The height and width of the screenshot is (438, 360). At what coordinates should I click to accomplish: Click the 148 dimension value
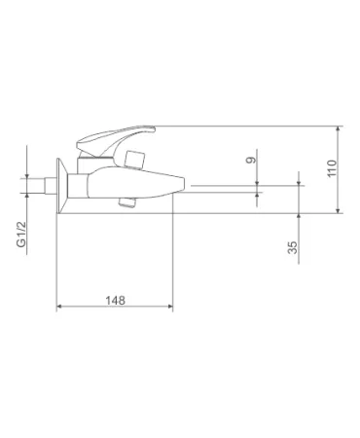click(x=115, y=300)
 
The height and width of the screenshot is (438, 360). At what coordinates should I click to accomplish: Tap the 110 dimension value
click(x=332, y=168)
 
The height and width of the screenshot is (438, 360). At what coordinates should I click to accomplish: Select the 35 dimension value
click(x=292, y=247)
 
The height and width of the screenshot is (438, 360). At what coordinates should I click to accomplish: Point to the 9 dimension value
click(x=251, y=160)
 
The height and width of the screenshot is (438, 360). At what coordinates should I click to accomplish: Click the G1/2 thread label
click(x=21, y=235)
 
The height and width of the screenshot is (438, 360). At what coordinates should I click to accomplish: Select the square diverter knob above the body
click(x=133, y=160)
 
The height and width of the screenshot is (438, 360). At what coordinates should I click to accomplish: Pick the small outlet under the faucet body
click(x=126, y=202)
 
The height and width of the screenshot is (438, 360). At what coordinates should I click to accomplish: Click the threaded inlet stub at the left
click(x=51, y=186)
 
